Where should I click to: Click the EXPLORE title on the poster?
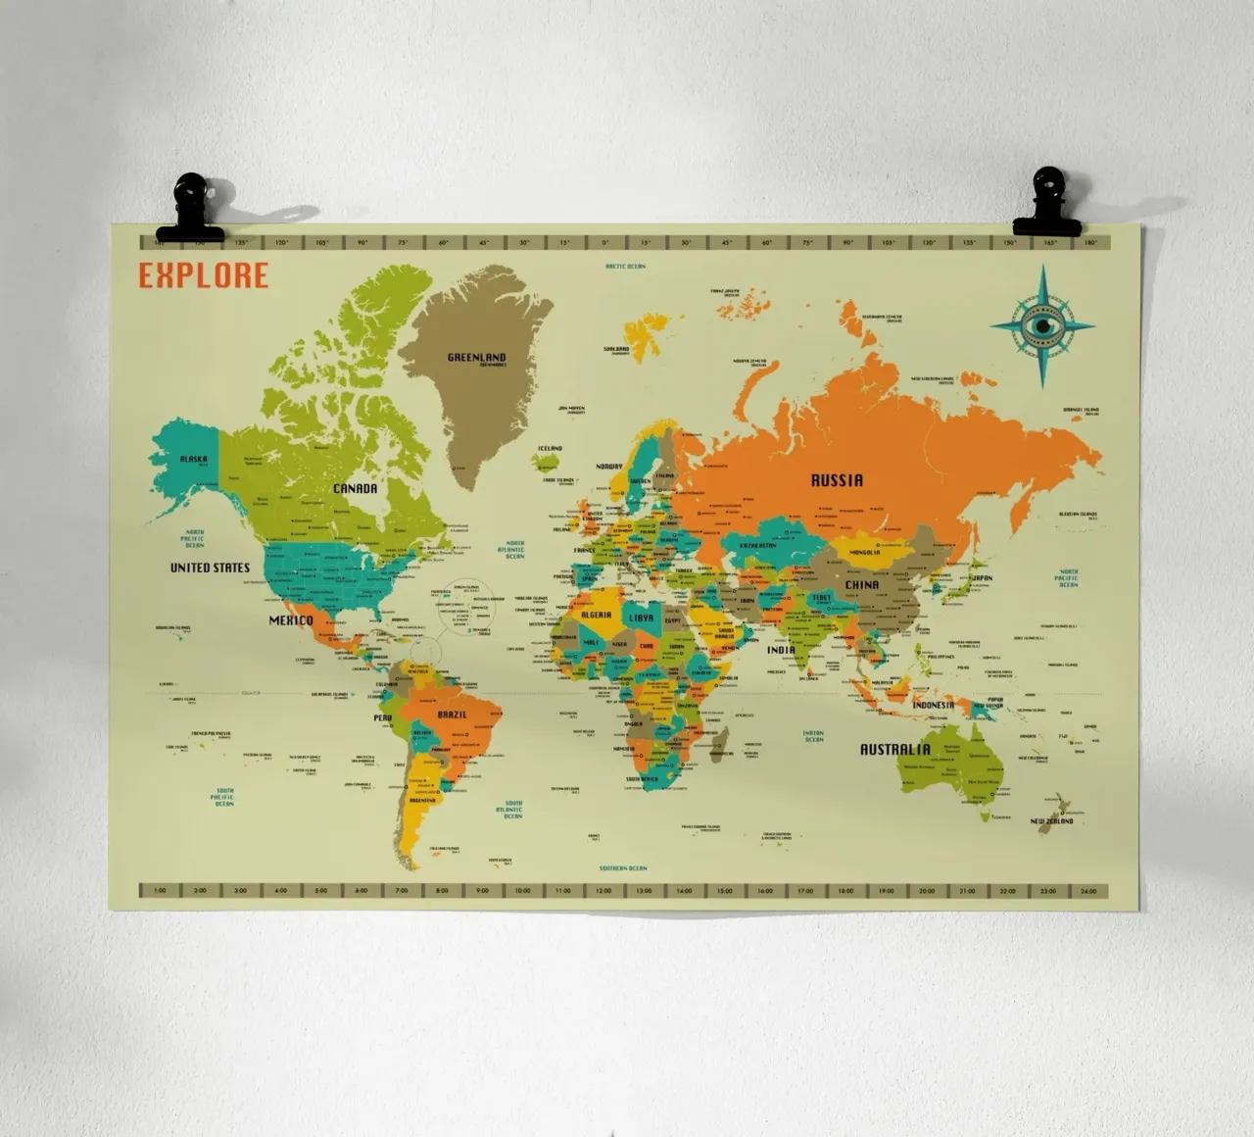[203, 275]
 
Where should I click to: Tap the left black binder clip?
[190, 209]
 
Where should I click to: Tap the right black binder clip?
[1047, 203]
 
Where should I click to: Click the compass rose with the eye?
[1042, 325]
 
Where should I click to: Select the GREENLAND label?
[477, 358]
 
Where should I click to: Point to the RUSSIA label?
[837, 480]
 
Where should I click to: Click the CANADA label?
[355, 488]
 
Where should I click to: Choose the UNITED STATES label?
[210, 568]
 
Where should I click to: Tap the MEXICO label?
[291, 620]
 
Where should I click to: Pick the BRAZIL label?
[453, 715]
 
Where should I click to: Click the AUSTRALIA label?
[895, 750]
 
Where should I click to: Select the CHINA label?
[862, 585]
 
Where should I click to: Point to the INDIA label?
[781, 650]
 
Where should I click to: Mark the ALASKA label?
[193, 459]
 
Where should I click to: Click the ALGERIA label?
[596, 616]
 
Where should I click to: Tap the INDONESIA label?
[933, 705]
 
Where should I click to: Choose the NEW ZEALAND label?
[1051, 821]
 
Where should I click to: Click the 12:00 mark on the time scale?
[603, 891]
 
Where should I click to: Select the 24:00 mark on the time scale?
[1088, 891]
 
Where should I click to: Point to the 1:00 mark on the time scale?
[160, 891]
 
